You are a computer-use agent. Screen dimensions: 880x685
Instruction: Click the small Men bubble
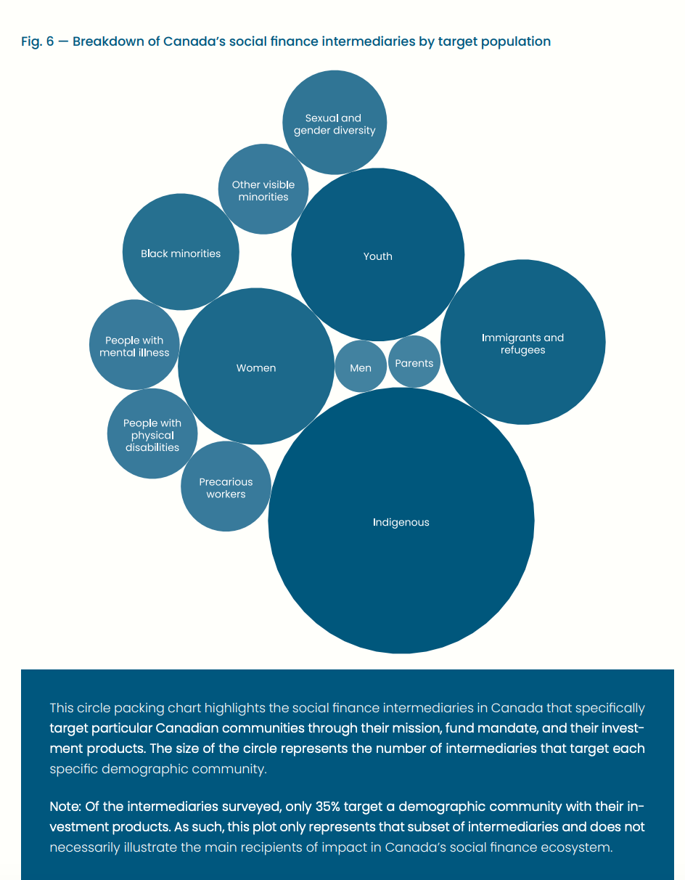(x=361, y=367)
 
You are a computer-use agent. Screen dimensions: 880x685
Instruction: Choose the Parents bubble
(x=414, y=363)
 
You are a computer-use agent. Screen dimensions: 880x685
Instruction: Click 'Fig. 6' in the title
(x=35, y=41)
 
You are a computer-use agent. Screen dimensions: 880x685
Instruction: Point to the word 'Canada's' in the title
(x=194, y=41)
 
